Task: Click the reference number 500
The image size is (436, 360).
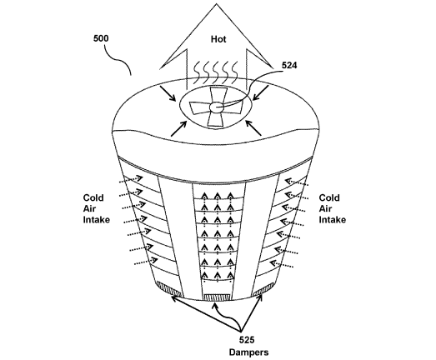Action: pyautogui.click(x=101, y=38)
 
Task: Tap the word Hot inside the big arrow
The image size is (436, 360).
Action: pyautogui.click(x=218, y=39)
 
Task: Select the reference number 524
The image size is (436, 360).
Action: pyautogui.click(x=289, y=65)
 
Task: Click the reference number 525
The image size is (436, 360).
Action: pyautogui.click(x=247, y=340)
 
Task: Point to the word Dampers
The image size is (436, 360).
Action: pyautogui.click(x=249, y=352)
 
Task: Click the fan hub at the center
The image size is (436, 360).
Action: pyautogui.click(x=215, y=107)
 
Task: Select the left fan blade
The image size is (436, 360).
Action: pyautogui.click(x=199, y=107)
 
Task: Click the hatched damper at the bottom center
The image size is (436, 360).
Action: pyautogui.click(x=217, y=297)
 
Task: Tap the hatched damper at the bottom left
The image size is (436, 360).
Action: pyautogui.click(x=168, y=289)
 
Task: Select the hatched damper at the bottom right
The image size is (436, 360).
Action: pyautogui.click(x=263, y=290)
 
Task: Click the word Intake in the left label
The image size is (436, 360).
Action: pyautogui.click(x=97, y=220)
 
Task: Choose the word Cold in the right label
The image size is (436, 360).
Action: pyautogui.click(x=329, y=198)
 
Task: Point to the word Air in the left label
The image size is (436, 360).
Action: pyautogui.click(x=89, y=208)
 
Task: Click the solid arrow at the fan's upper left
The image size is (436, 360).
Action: pyautogui.click(x=168, y=93)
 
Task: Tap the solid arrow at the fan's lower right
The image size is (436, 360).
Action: pyautogui.click(x=253, y=127)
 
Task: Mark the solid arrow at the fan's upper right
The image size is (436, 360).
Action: pyautogui.click(x=261, y=93)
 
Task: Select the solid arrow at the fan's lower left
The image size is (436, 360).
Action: pyautogui.click(x=178, y=128)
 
